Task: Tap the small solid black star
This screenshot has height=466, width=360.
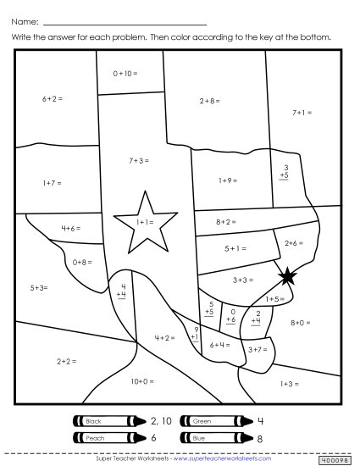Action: pyautogui.click(x=288, y=275)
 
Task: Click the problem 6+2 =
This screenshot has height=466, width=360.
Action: pyautogui.click(x=53, y=99)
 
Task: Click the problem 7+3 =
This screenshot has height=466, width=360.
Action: pyautogui.click(x=141, y=159)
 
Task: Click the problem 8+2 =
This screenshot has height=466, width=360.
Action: pyautogui.click(x=225, y=222)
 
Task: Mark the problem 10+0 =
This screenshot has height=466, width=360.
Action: pyautogui.click(x=142, y=381)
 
